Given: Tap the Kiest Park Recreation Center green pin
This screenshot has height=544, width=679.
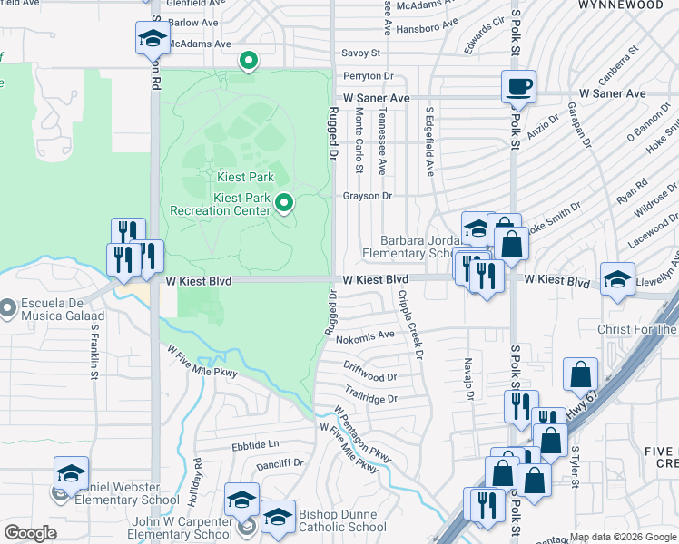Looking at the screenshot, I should coord(284,203).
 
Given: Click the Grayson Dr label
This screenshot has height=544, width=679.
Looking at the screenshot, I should coord(367,195).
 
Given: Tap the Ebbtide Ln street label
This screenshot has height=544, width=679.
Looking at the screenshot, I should coord(255,444).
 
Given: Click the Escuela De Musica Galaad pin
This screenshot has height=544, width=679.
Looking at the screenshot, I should coord(8,308).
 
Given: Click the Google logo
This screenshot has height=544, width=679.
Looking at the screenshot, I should coord(30,533).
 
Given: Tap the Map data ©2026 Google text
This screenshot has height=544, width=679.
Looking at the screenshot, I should coord(623,537).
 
